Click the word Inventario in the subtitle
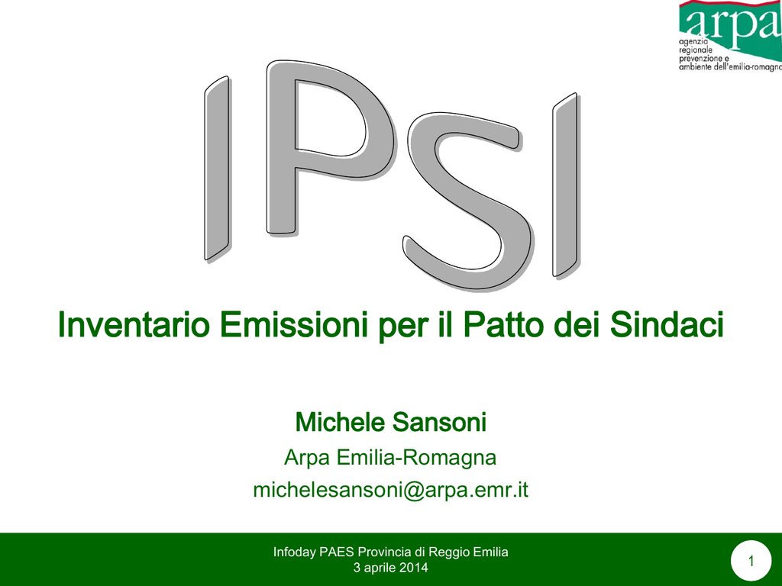click(134, 324)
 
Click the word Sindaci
click(667, 324)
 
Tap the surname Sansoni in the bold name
click(439, 422)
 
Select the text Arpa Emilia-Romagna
click(390, 458)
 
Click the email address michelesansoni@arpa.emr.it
click(390, 489)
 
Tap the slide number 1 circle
click(751, 561)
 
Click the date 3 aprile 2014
click(390, 568)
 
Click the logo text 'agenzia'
click(693, 43)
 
